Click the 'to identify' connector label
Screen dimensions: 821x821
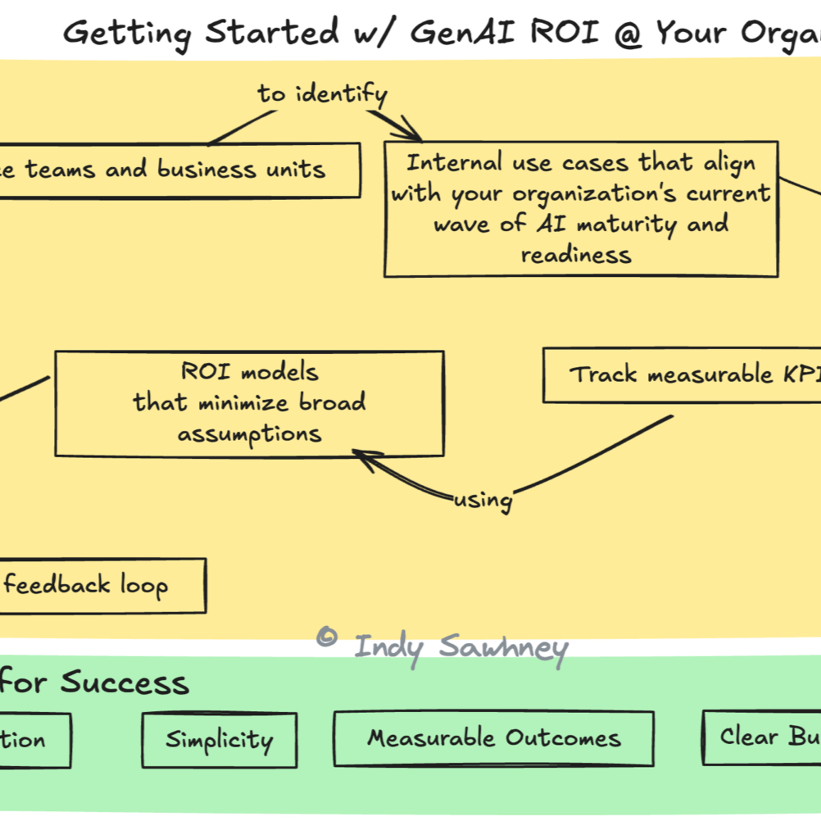tap(322, 94)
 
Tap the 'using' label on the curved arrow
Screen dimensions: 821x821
tap(483, 500)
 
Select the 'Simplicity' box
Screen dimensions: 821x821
tap(219, 740)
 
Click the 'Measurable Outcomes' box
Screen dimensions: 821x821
tap(494, 738)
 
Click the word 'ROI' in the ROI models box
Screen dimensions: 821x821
tap(206, 371)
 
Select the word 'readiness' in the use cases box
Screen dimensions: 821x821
tap(576, 255)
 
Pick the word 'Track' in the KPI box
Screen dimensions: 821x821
tap(603, 375)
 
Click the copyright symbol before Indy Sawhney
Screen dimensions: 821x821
tap(327, 637)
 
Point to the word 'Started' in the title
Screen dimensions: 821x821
tap(272, 32)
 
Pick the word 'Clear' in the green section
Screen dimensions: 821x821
tap(749, 736)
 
